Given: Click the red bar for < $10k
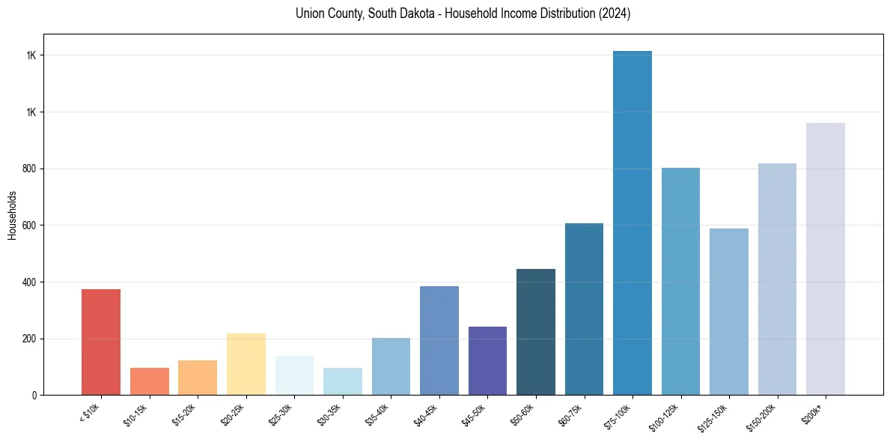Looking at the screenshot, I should [101, 342].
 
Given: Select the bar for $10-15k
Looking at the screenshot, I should [149, 381].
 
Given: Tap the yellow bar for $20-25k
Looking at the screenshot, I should [246, 364].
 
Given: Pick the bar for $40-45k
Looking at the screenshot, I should [439, 340].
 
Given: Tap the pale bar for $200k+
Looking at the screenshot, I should [826, 258].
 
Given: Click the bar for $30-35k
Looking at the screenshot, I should [342, 381].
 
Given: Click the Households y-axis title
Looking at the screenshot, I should [12, 215].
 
